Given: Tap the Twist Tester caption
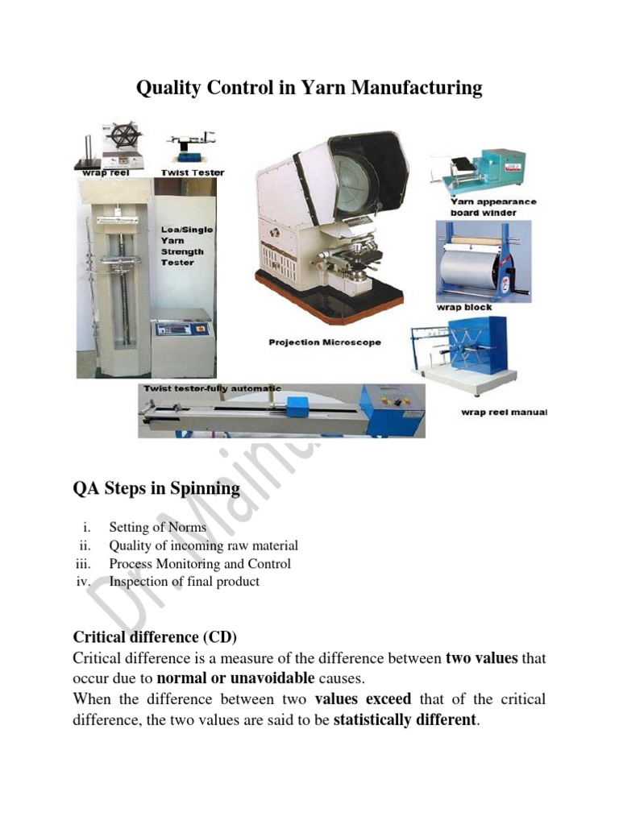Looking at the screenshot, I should [x=193, y=172].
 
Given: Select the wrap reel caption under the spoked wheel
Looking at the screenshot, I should [x=102, y=172].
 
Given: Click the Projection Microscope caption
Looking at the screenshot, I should [x=325, y=342].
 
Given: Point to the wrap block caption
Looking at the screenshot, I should [x=464, y=307].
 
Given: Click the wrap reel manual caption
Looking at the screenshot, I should [x=503, y=412].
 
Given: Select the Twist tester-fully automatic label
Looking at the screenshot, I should [x=212, y=388].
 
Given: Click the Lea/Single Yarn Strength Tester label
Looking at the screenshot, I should [x=187, y=246].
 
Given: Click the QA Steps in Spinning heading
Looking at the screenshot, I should [x=156, y=488].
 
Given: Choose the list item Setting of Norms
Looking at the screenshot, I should [x=157, y=528].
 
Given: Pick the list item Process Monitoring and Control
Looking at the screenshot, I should [x=200, y=564].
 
